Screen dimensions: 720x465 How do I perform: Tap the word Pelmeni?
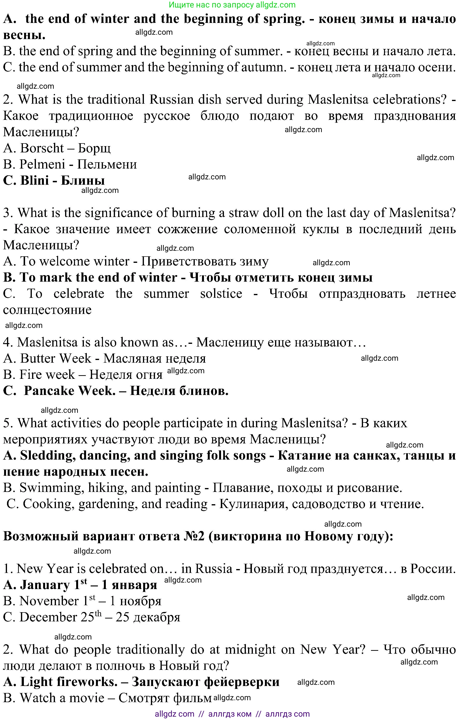42,164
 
